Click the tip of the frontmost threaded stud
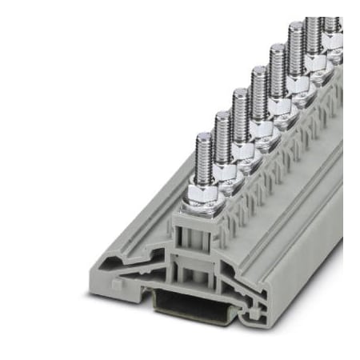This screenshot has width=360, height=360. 203,137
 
